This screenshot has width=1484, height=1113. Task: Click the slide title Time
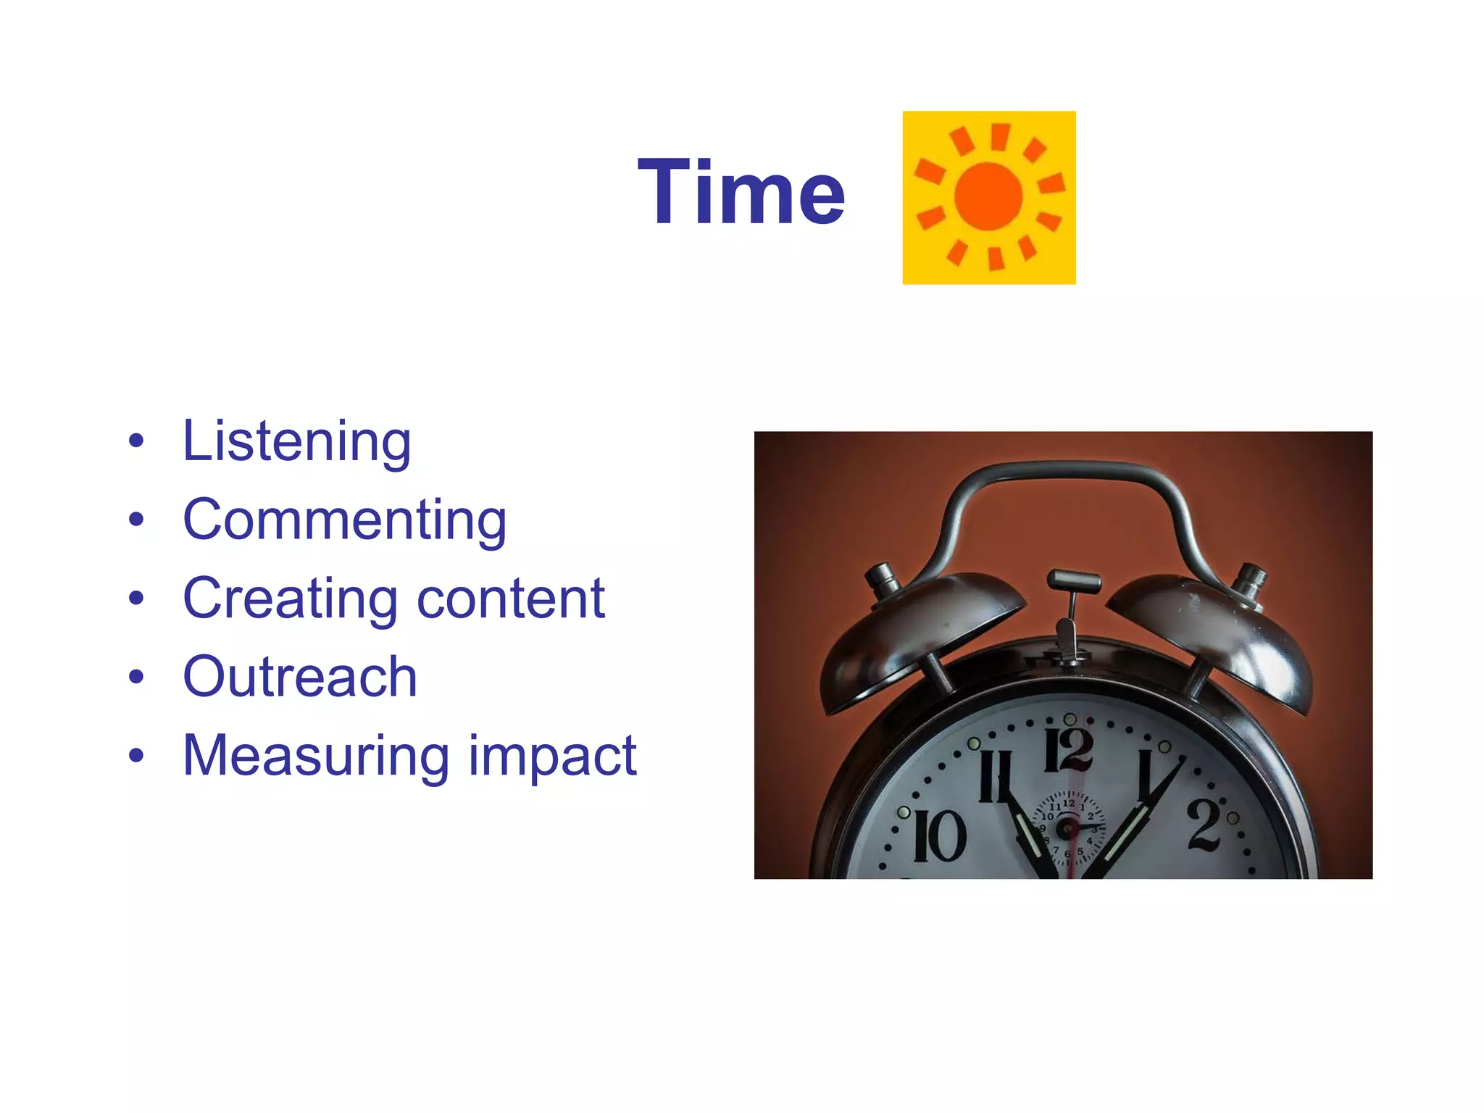click(x=741, y=193)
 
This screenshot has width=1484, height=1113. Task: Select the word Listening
click(x=296, y=441)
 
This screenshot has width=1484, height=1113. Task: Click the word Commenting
click(x=344, y=520)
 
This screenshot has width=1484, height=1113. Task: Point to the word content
click(x=511, y=599)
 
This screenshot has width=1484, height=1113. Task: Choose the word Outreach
click(x=300, y=677)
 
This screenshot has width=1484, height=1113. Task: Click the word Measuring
click(x=316, y=756)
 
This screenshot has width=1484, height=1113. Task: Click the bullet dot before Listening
click(x=136, y=441)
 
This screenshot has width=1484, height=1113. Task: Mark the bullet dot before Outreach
click(x=136, y=677)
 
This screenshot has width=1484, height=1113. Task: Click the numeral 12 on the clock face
click(x=1068, y=749)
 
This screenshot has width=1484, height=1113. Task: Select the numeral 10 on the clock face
click(x=939, y=836)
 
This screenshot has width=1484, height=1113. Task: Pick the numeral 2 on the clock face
click(x=1204, y=824)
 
